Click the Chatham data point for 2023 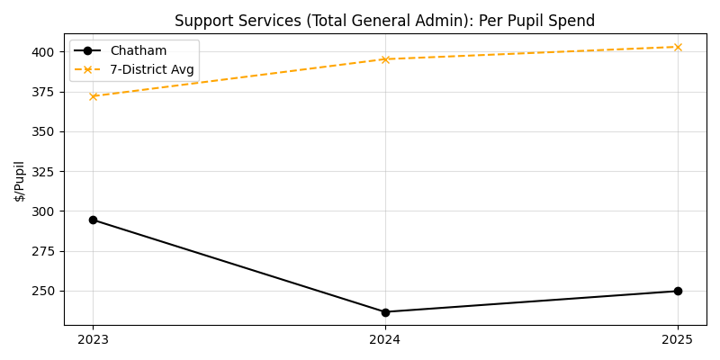click(93, 220)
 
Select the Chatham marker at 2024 click(385, 312)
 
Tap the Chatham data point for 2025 click(678, 291)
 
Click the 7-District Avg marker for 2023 click(93, 96)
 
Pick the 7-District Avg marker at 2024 click(385, 59)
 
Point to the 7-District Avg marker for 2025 click(678, 47)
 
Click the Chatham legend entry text click(138, 51)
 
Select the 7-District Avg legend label click(151, 69)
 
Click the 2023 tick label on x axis click(93, 339)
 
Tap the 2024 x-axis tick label click(385, 339)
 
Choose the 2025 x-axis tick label click(678, 339)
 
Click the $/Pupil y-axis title click(20, 181)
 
